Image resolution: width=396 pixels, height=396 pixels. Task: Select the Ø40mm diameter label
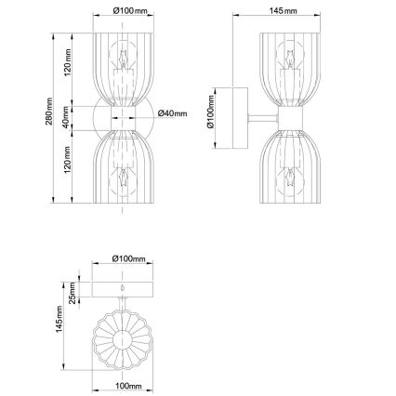coord(173,113)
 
